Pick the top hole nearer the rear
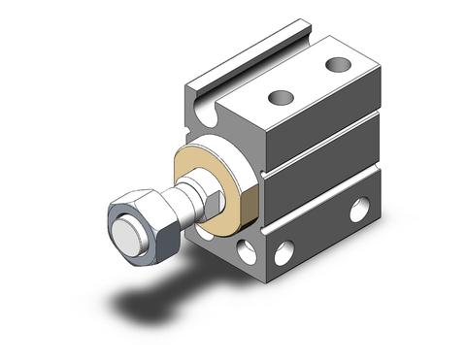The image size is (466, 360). point(338,65)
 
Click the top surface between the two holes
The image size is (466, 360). point(309,82)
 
